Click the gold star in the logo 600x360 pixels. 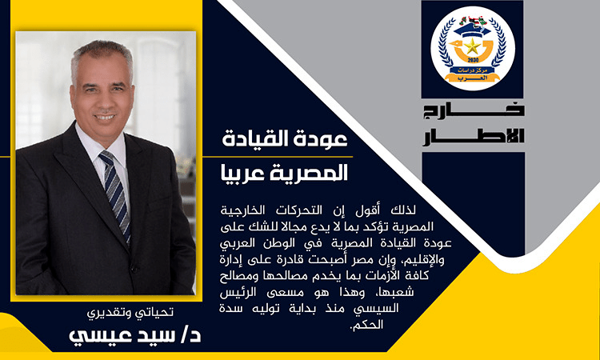point(472,46)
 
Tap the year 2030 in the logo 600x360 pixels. point(473,61)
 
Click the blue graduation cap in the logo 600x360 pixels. point(472,30)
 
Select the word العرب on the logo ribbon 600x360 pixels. point(473,78)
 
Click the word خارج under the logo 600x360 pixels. point(474,111)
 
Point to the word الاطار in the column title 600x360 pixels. point(474,137)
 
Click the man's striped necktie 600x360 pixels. point(116,195)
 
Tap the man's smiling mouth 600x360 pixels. point(105,117)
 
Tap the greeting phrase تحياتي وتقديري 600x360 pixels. point(130,313)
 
